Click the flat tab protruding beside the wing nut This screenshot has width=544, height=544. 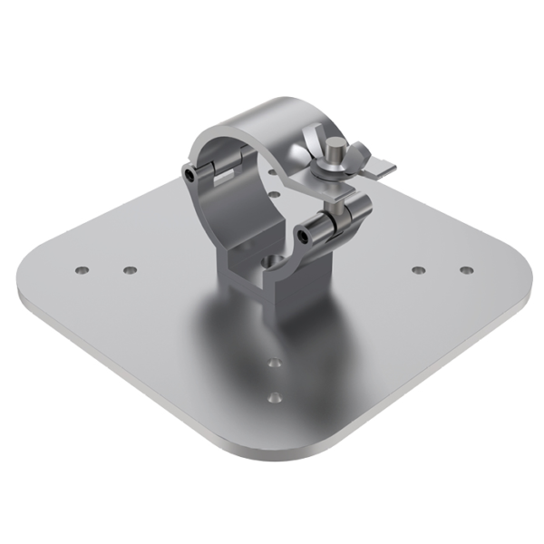click(385, 170)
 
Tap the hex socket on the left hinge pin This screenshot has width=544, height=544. click(188, 173)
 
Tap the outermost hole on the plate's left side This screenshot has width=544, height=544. click(82, 270)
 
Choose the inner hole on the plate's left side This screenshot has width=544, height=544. click(130, 270)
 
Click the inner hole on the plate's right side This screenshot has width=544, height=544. click(418, 270)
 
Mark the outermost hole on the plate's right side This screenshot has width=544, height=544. click(466, 270)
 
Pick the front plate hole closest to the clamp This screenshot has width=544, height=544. click(275, 363)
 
